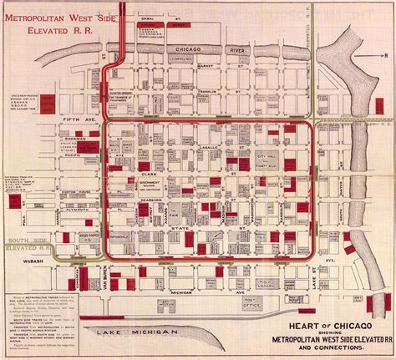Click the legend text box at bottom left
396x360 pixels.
click(x=52, y=313)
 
